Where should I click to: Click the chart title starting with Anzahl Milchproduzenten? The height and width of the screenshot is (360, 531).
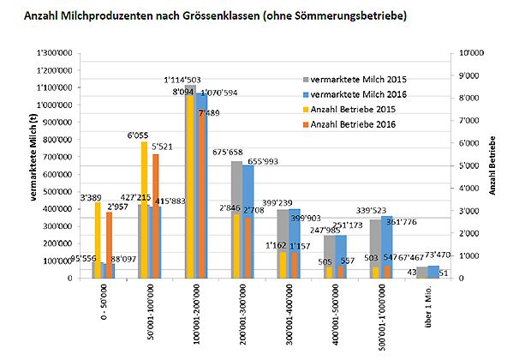215,16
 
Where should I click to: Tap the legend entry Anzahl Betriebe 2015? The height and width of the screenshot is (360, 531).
358,110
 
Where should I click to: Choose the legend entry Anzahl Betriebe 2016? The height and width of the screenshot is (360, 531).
358,125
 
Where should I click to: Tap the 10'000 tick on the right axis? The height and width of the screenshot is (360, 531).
468,53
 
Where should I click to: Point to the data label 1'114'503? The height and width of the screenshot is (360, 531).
182,80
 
